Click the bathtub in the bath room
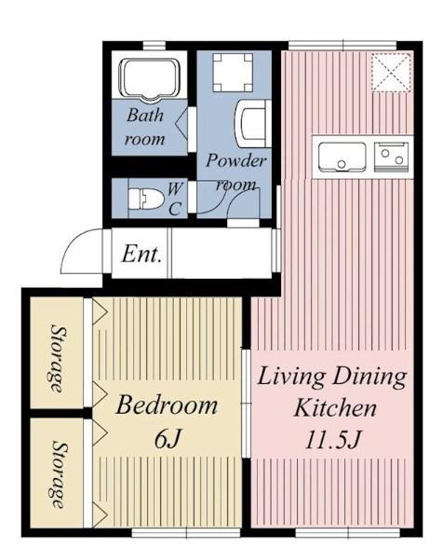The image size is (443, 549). click(x=149, y=79)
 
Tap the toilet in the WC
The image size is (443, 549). click(x=146, y=199)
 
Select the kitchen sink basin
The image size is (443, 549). click(x=342, y=157)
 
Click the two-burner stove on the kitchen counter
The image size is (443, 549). click(x=391, y=158)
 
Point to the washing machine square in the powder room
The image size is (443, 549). click(x=233, y=73)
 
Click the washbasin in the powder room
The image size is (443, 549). click(x=252, y=124)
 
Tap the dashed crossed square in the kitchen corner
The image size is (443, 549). click(x=390, y=73)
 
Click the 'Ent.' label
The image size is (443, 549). click(x=141, y=254)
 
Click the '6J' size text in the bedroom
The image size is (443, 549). click(x=168, y=438)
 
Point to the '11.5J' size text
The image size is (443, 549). click(x=332, y=440)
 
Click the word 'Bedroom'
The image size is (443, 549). click(x=167, y=405)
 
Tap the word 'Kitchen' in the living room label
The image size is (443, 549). click(x=335, y=407)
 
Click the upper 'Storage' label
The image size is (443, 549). click(x=58, y=359)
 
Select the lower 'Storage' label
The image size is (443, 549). click(x=58, y=474)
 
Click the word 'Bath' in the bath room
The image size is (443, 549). click(x=145, y=115)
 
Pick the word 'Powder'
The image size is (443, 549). click(x=236, y=160)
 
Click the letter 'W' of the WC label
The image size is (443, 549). click(x=175, y=189)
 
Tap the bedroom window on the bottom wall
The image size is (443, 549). click(x=186, y=533)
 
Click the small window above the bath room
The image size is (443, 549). click(x=154, y=46)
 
